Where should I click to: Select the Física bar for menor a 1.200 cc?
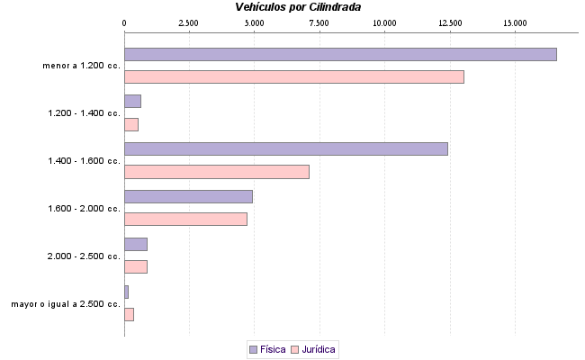coord(340,54)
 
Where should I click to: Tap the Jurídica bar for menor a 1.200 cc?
coord(293,76)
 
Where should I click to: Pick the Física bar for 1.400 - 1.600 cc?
coord(285,148)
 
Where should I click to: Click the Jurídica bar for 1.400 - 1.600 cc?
coord(216,172)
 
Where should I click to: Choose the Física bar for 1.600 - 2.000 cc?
coord(188,196)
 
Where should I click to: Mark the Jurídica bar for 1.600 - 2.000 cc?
coord(185,219)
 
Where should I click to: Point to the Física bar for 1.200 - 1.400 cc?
coord(132,101)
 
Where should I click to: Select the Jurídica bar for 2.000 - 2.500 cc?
coord(135,266)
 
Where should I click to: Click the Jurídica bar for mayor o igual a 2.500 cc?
coord(129,314)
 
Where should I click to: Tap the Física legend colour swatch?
coord(253,349)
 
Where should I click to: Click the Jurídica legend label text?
coord(319,349)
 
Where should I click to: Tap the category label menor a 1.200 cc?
coord(81,66)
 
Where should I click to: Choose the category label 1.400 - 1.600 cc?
coord(84,161)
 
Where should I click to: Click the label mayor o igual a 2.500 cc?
coord(66,304)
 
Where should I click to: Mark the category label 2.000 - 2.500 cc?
coord(84,256)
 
